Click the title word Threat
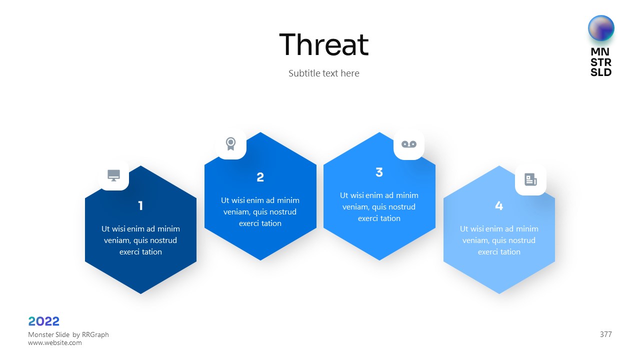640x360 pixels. click(323, 44)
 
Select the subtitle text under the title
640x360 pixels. click(323, 73)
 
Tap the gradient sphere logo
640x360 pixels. click(601, 28)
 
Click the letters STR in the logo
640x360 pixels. click(601, 62)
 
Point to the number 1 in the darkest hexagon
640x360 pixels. click(140, 205)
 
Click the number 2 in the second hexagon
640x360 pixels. click(260, 177)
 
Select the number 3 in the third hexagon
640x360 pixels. click(379, 172)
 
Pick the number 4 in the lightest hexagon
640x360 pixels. click(499, 205)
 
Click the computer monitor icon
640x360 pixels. click(113, 175)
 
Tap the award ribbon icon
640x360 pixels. click(231, 143)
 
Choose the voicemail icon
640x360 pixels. click(409, 144)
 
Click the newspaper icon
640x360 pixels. click(530, 179)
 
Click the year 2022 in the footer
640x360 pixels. click(43, 321)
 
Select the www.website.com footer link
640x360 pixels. click(55, 342)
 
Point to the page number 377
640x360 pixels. click(605, 334)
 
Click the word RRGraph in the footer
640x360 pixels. click(95, 334)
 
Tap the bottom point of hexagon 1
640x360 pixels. click(140, 293)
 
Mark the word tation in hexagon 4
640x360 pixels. click(509, 251)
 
